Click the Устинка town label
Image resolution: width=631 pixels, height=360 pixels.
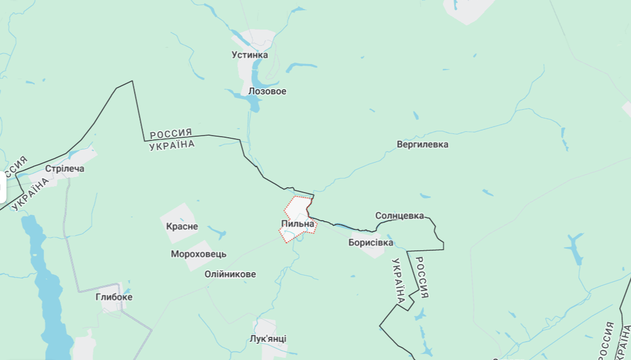(250, 55)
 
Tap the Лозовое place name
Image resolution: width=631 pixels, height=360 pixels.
(267, 91)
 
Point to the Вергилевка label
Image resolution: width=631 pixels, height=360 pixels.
(422, 145)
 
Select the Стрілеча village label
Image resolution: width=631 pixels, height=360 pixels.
(65, 169)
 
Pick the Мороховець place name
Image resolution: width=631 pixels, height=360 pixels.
(198, 254)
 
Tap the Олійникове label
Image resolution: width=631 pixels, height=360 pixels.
(230, 274)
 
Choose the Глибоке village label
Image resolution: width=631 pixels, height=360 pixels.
(114, 297)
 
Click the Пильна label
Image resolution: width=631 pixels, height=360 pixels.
(297, 223)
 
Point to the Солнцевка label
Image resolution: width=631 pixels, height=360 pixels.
(400, 216)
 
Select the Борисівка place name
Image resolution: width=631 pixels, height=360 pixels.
(371, 243)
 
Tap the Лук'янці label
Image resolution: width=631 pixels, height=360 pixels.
(268, 338)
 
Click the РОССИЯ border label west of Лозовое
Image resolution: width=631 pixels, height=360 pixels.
(171, 134)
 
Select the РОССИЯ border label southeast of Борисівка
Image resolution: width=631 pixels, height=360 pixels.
(422, 277)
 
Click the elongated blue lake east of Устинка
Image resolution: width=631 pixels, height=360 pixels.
(301, 67)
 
